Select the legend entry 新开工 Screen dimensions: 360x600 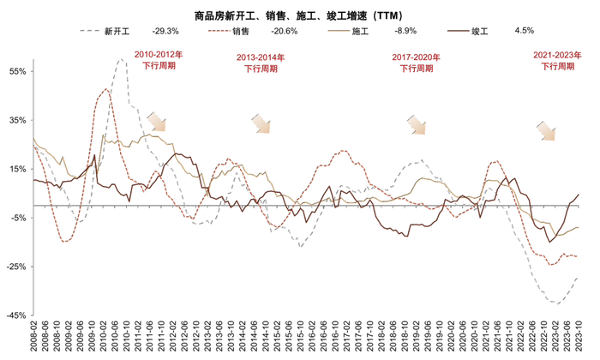pos(117,32)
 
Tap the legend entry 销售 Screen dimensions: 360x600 pos(241,32)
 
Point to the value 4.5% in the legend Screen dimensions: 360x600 pos(525,32)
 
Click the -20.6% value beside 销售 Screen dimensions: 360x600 pos(285,32)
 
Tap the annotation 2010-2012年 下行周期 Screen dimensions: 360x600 pos(159,59)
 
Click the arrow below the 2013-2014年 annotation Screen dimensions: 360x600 pos(261,124)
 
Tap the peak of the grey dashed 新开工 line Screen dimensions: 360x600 pos(122,59)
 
